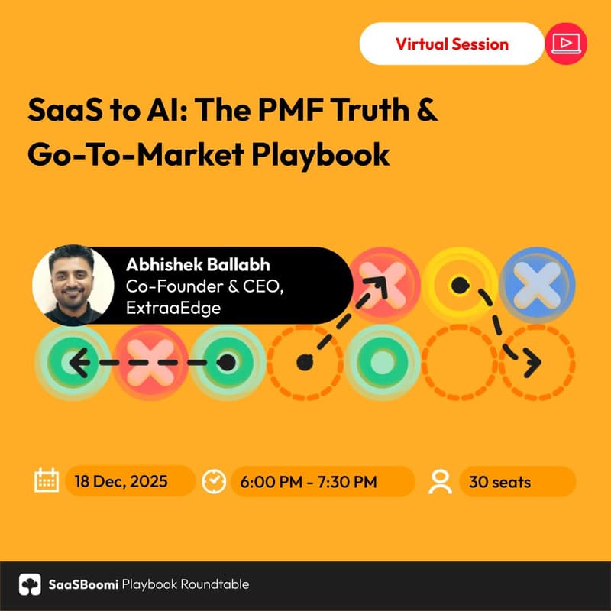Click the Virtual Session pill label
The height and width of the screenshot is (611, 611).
(451, 44)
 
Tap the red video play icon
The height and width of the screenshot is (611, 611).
(566, 44)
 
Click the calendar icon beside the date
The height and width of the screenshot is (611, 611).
(47, 481)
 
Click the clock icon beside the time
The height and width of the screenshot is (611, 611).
(214, 481)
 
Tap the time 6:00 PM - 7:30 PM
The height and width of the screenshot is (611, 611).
(308, 482)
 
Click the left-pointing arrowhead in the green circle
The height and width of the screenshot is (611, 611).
(74, 362)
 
